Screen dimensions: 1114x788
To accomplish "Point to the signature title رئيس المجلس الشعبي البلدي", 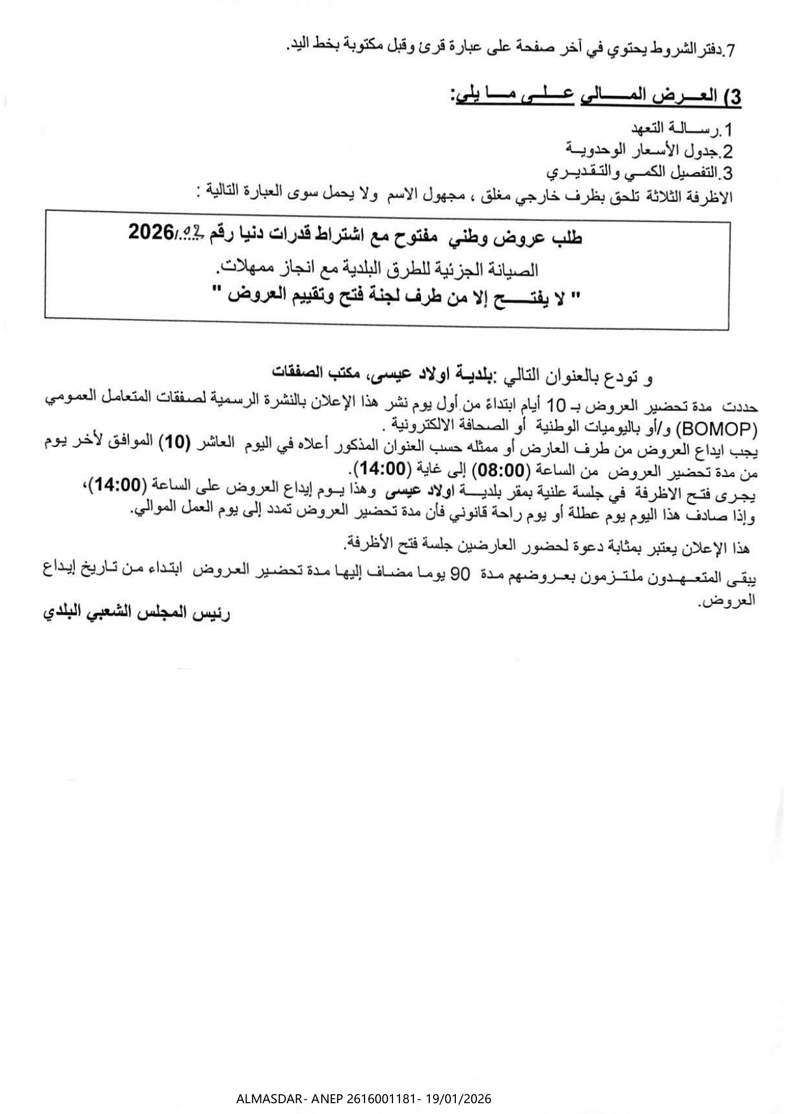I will point(136,614).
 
